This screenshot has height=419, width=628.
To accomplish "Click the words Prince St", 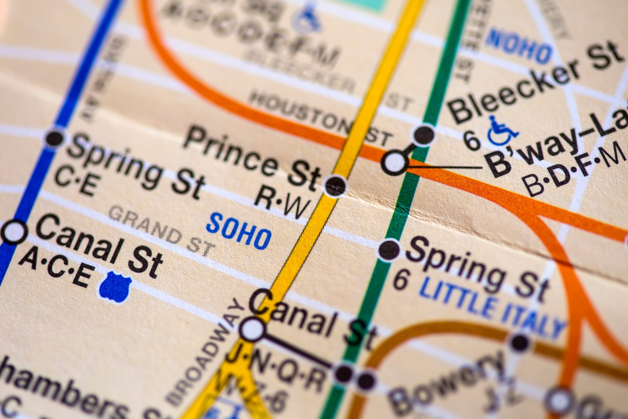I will click(x=251, y=158).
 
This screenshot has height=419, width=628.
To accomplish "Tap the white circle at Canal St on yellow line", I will click(x=252, y=329).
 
